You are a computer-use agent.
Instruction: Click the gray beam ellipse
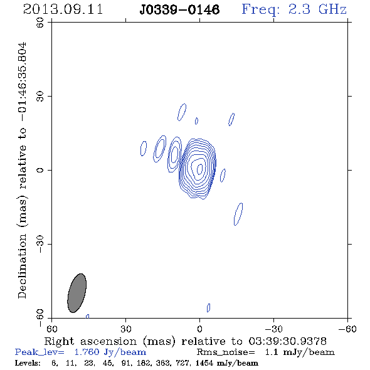pyautogui.click(x=77, y=293)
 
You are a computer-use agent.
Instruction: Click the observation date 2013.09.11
pyautogui.click(x=63, y=9)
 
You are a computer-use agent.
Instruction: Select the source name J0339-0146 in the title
pyautogui.click(x=179, y=9)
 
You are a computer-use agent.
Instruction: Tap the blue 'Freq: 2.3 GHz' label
pyautogui.click(x=294, y=9)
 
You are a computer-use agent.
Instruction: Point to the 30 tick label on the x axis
pyautogui.click(x=126, y=329)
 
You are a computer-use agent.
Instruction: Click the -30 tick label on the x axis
pyautogui.click(x=273, y=329)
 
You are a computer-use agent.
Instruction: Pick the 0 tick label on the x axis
pyautogui.click(x=199, y=329)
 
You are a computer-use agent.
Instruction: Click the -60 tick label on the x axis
pyautogui.click(x=347, y=329)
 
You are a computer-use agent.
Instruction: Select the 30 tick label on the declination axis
pyautogui.click(x=40, y=97)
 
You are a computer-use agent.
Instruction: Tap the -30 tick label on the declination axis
pyautogui.click(x=40, y=244)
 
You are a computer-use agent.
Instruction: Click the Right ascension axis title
pyautogui.click(x=186, y=341)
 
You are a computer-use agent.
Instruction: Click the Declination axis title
pyautogui.click(x=22, y=171)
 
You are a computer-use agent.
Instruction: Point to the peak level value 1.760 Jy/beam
pyautogui.click(x=110, y=352)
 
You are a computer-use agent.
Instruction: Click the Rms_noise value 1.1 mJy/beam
pyautogui.click(x=300, y=352)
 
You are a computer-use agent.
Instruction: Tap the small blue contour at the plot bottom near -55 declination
pyautogui.click(x=208, y=308)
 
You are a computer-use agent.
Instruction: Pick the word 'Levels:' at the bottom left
pyautogui.click(x=28, y=363)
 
